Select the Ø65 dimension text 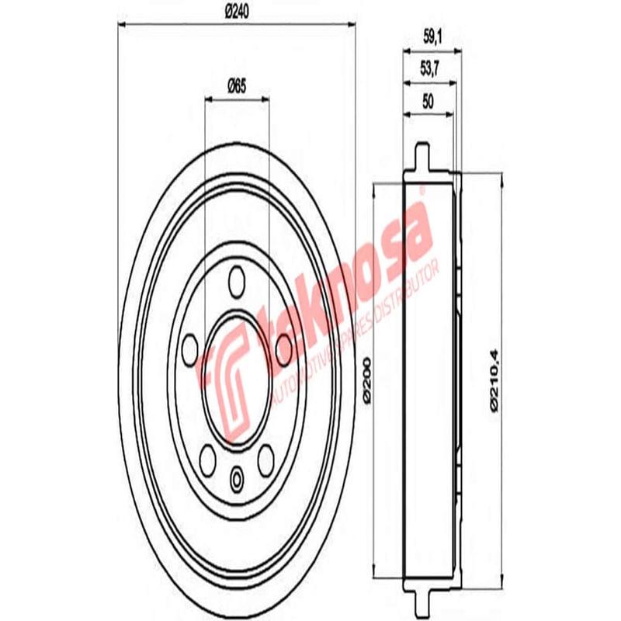point(236,88)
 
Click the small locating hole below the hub point(237,476)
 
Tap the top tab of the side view point(422,154)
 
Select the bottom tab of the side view point(422,602)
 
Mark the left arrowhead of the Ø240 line point(123,24)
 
